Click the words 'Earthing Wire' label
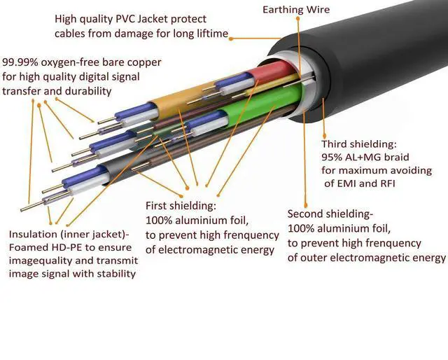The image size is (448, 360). [296, 10]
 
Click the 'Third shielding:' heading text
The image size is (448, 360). [359, 144]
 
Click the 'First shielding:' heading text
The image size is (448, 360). [181, 207]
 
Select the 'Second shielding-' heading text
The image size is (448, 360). [330, 214]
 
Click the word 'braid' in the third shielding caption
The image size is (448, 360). [395, 157]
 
